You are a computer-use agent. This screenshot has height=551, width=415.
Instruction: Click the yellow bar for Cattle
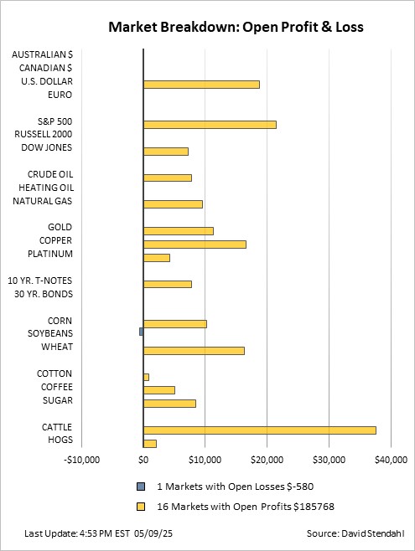(260, 430)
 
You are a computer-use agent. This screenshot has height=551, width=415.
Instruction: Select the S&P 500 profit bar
(210, 125)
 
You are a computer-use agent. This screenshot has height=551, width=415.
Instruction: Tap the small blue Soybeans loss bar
(142, 332)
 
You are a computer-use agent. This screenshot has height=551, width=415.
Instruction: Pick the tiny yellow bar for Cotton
(147, 377)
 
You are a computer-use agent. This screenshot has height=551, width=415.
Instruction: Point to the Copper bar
(195, 245)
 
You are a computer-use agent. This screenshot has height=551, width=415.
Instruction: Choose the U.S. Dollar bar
(201, 85)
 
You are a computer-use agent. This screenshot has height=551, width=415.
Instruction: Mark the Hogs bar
(150, 444)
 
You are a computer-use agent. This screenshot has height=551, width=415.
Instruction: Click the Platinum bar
(157, 258)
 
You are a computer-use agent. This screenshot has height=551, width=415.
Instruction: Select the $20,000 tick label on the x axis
(267, 460)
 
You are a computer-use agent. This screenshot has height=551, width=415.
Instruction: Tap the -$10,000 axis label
(81, 460)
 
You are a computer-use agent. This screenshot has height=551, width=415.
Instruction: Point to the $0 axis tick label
(143, 460)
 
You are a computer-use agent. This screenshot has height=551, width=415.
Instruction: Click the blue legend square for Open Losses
(141, 487)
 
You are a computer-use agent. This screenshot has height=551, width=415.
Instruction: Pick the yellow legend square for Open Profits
(141, 507)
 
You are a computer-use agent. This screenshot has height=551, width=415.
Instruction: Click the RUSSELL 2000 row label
(44, 134)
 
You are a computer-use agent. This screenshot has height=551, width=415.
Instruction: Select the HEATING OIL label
(46, 188)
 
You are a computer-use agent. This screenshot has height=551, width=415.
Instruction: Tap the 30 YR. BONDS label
(44, 294)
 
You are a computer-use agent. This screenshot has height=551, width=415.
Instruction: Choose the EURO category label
(60, 95)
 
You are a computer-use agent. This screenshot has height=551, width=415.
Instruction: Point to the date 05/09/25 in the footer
(153, 533)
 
